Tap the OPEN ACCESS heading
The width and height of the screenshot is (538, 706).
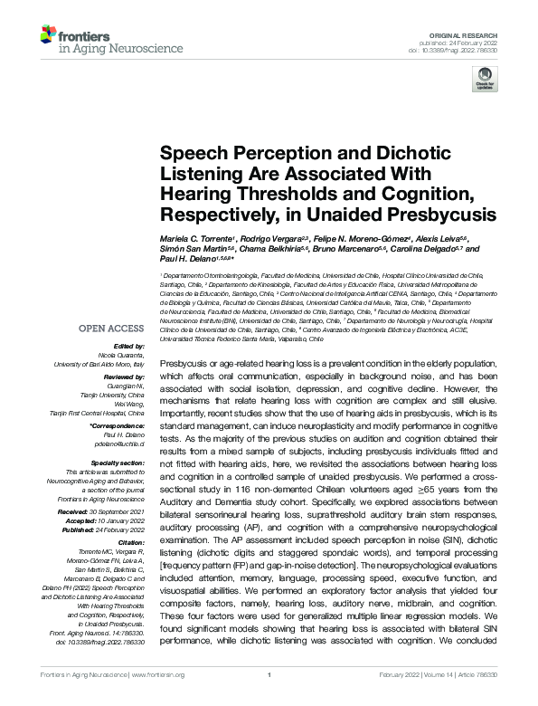[x=113, y=329]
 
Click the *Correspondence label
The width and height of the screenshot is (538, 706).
[x=121, y=425]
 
